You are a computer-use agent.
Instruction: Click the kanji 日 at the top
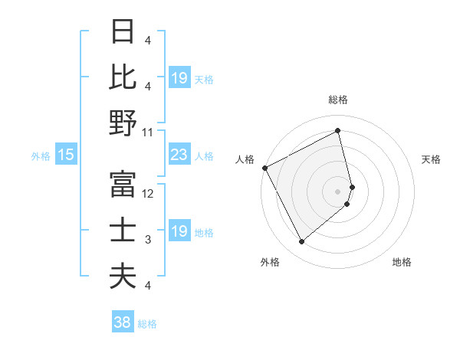point(123,33)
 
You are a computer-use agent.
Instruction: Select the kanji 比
point(123,77)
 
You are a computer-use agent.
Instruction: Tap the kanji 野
point(123,123)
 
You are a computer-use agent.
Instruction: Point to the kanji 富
point(123,185)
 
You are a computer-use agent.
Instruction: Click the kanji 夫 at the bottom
point(123,275)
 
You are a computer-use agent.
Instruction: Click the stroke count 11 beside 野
point(148,132)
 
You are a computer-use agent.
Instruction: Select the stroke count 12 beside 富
point(148,194)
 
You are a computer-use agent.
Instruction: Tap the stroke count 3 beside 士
point(147,240)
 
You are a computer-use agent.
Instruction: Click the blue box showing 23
point(179,155)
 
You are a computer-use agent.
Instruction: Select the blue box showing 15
point(65,155)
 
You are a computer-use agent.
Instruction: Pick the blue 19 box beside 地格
point(179,232)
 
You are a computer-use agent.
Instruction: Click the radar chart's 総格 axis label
point(337,100)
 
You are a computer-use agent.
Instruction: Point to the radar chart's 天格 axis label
point(432,159)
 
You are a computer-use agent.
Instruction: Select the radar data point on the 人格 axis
point(264,168)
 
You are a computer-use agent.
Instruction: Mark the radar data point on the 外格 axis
point(301,242)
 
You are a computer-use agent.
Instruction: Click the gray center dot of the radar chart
point(337,191)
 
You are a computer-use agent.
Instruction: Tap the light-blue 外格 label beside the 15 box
point(40,156)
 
